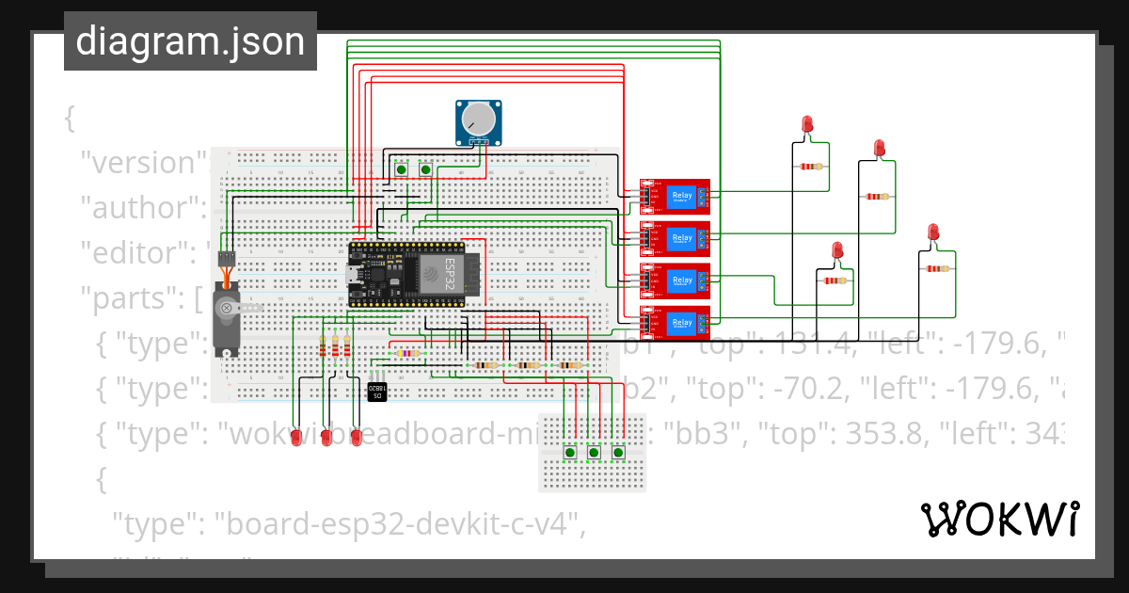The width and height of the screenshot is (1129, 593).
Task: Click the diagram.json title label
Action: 190,41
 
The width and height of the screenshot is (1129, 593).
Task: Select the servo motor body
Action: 227,315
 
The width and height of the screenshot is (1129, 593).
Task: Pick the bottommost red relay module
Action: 675,323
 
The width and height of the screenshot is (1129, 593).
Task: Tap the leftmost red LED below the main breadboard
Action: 295,438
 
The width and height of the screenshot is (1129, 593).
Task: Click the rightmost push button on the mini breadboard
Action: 618,453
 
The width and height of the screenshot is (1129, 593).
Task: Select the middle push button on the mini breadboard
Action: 595,453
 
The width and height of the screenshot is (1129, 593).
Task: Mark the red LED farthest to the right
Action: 933,232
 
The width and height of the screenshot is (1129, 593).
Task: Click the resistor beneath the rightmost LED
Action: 937,268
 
